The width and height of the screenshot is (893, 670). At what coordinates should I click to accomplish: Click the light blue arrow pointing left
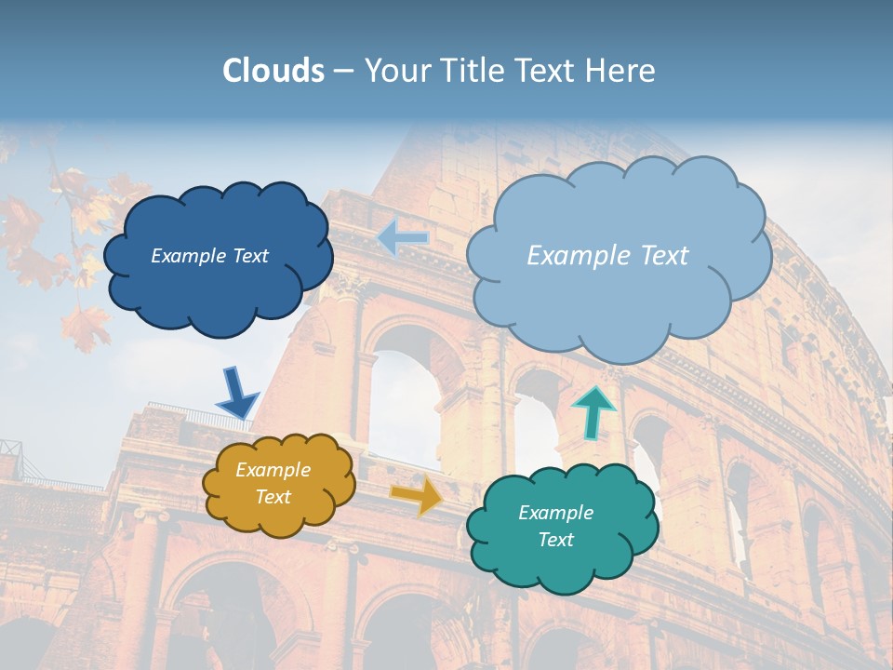[403, 238]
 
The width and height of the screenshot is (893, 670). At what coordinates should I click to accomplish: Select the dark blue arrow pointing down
[236, 392]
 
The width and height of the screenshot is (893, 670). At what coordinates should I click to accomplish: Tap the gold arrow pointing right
[416, 495]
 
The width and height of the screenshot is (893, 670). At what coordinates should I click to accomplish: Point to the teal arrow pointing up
[593, 411]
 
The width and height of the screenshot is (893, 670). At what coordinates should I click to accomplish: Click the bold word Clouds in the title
[273, 71]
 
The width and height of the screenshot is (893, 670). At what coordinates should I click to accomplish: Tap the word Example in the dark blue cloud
[186, 256]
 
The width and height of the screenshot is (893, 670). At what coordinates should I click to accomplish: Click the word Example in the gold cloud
[273, 470]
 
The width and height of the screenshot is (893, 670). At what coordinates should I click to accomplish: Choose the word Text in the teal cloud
[555, 540]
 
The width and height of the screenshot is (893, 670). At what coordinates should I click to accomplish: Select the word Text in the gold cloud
[273, 497]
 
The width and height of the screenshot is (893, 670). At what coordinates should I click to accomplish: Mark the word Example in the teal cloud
[555, 513]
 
